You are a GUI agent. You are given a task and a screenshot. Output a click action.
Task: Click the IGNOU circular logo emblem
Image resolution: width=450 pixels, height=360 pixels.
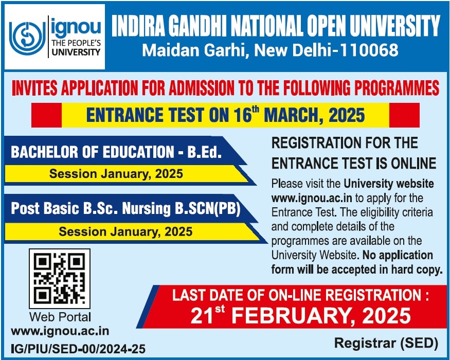click(x=27, y=37)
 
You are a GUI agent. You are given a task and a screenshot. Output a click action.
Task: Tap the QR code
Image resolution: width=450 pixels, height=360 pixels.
click(x=60, y=278)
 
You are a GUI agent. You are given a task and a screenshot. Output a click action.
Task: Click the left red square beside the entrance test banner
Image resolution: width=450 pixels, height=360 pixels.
click(x=46, y=115)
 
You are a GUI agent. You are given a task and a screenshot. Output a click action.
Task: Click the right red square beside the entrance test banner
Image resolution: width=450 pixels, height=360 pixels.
click(x=404, y=115)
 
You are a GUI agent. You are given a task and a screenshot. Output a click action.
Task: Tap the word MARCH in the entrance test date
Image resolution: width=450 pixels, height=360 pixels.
click(x=293, y=115)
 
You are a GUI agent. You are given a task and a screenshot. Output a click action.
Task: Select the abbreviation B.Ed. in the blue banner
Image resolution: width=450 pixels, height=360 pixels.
click(x=205, y=152)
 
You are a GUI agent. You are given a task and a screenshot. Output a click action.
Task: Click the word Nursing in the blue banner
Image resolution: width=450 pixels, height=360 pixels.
click(x=147, y=209)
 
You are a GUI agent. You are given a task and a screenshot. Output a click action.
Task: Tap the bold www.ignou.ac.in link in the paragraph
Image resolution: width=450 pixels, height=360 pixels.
click(x=312, y=198)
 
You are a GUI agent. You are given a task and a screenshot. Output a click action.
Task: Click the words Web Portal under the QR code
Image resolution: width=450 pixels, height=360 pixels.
click(x=60, y=317)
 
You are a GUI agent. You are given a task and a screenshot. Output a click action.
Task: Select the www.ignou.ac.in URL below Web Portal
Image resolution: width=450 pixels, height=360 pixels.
click(x=60, y=331)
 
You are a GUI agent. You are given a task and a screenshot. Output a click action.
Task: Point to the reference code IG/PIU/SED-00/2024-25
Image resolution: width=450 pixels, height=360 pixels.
click(x=78, y=349)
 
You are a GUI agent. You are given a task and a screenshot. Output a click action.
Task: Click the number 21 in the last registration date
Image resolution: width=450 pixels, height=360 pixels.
click(x=202, y=316)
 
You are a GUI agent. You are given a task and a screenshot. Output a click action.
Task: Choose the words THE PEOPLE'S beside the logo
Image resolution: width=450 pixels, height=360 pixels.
click(x=76, y=43)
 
